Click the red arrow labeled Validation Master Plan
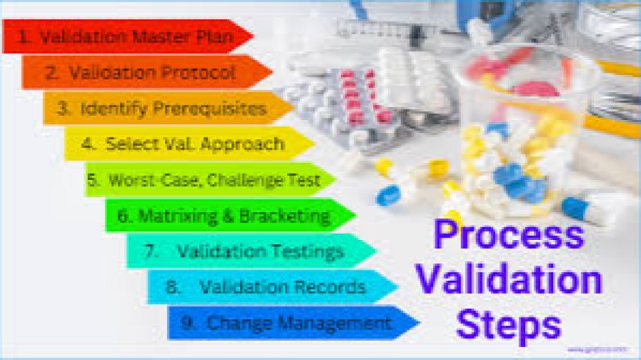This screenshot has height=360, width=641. click(128, 36)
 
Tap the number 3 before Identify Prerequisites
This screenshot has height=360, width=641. click(64, 109)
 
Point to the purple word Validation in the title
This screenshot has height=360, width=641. click(511, 281)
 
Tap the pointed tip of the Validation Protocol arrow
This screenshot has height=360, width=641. click(271, 72)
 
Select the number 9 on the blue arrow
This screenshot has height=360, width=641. click(188, 322)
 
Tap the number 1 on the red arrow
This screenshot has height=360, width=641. click(25, 37)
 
